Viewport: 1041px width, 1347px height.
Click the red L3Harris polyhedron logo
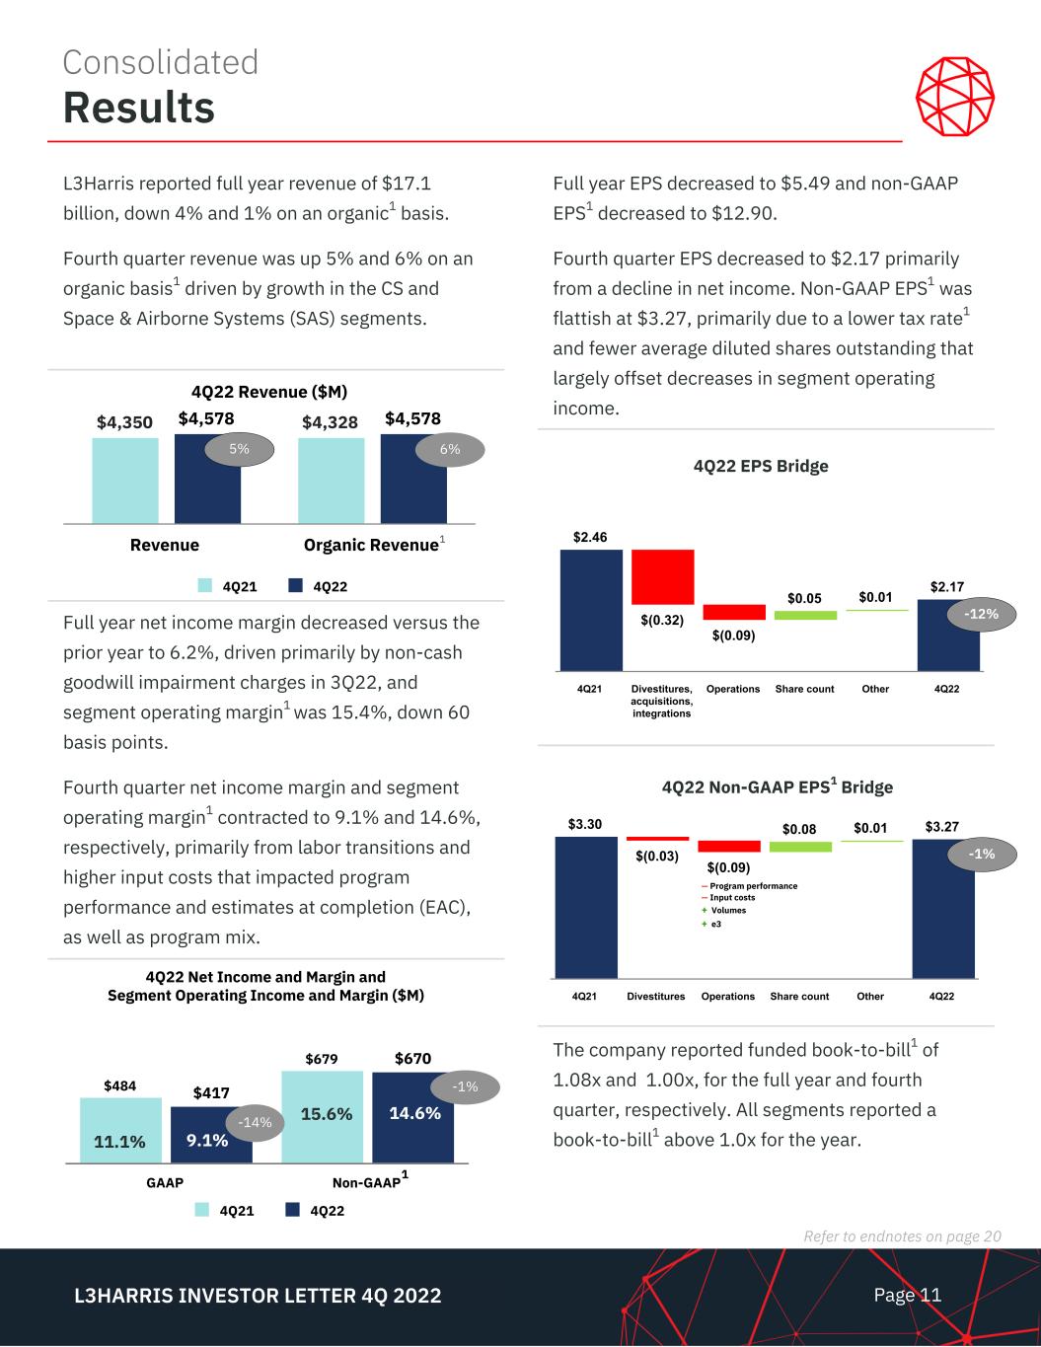[954, 97]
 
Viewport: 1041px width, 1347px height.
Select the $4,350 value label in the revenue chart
[124, 422]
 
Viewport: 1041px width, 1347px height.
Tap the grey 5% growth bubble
[239, 449]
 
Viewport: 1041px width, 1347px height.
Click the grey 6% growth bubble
[450, 449]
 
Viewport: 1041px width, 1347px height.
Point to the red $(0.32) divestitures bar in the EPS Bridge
[663, 576]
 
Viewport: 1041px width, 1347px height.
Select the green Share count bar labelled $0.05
[805, 615]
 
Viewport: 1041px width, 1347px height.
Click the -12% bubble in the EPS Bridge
[982, 614]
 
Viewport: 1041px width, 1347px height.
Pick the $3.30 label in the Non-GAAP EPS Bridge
[584, 823]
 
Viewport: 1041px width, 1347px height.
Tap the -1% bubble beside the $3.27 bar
[982, 855]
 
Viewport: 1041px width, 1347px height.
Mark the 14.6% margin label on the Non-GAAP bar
[414, 1112]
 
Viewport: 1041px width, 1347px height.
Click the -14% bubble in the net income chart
[257, 1122]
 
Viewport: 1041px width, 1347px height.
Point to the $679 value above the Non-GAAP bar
[322, 1059]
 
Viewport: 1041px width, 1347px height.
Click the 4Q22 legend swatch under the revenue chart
[295, 586]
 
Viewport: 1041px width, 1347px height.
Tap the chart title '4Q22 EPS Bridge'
[760, 466]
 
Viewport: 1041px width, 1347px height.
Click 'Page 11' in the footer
[907, 1295]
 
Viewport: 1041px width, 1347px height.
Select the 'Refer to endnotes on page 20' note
[903, 1236]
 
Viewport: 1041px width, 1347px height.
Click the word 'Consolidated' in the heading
[161, 62]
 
